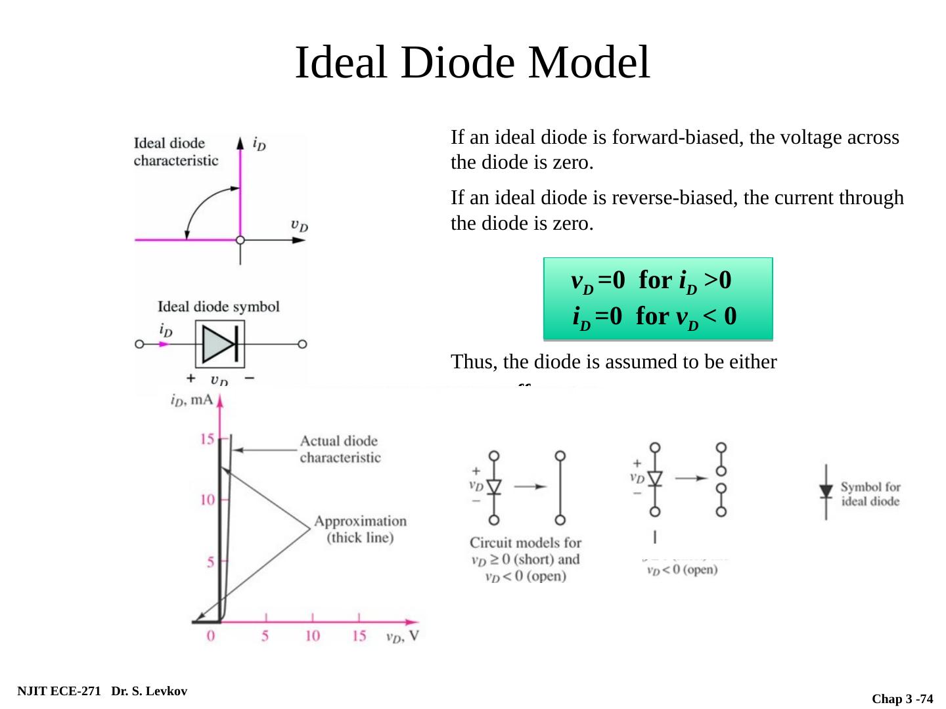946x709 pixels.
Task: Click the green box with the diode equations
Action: (658, 299)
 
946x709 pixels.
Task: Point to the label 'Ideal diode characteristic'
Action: (175, 152)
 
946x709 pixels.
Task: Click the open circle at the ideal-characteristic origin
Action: (240, 240)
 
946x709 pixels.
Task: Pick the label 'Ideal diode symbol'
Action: (218, 307)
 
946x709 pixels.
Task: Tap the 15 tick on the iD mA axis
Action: (208, 439)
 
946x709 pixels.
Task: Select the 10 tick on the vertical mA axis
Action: (208, 500)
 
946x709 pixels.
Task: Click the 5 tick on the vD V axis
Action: (265, 636)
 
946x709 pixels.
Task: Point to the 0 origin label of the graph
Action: (211, 636)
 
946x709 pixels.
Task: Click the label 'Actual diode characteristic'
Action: (340, 449)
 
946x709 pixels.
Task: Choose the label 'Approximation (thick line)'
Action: (360, 529)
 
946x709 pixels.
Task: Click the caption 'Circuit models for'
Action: (525, 543)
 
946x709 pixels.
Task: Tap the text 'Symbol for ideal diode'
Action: (870, 494)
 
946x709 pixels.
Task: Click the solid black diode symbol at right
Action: (826, 492)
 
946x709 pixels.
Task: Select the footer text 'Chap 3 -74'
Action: (902, 699)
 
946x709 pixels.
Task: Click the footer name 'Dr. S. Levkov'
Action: (149, 691)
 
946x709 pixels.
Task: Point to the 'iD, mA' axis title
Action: (192, 399)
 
